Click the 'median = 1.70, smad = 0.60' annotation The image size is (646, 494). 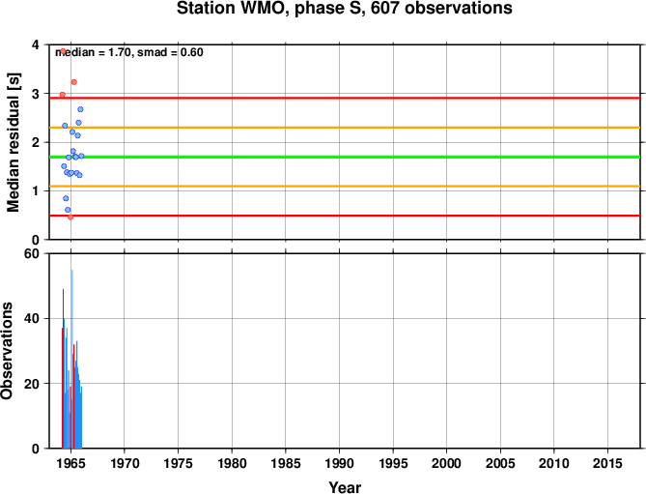click(129, 52)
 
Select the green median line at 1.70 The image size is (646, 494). click(345, 157)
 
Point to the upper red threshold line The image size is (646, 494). click(345, 98)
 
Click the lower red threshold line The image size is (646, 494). click(345, 216)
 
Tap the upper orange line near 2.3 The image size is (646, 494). click(345, 128)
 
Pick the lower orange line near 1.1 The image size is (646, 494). click(345, 187)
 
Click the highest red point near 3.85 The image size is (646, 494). click(63, 51)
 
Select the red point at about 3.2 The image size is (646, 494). click(73, 82)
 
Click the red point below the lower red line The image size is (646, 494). click(70, 217)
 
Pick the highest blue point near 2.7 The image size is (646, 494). click(80, 109)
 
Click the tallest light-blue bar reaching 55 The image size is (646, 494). click(72, 359)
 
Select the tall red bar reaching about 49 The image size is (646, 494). click(63, 368)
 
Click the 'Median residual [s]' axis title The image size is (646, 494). click(14, 142)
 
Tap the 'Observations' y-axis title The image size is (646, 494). click(7, 351)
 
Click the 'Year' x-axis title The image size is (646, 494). click(345, 487)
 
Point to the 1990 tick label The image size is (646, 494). click(339, 463)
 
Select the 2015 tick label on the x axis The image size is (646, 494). click(607, 463)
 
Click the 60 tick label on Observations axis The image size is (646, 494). click(32, 253)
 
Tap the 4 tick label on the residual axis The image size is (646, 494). click(36, 44)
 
